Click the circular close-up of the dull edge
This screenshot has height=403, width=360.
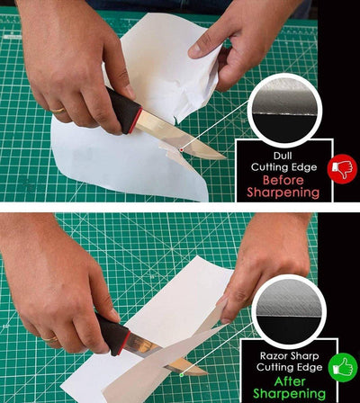[283, 110]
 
